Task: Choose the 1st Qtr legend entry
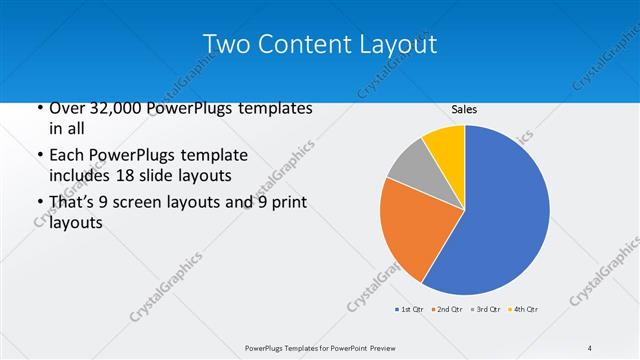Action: point(410,310)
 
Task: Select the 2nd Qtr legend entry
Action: point(447,310)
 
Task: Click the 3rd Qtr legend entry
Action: point(485,310)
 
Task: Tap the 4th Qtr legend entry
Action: point(523,310)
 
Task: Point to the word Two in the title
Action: point(227,45)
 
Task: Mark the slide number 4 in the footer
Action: point(590,348)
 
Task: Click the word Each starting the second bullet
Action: point(67,156)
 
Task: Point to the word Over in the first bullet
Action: point(67,108)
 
